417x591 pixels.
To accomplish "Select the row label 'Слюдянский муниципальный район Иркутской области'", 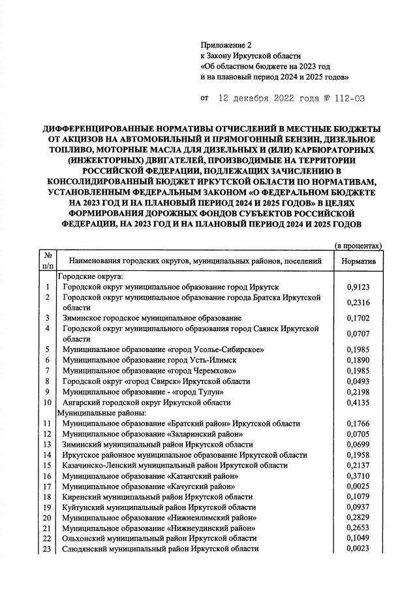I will point(161,549).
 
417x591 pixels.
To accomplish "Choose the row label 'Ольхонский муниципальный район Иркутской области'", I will point(159,539).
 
